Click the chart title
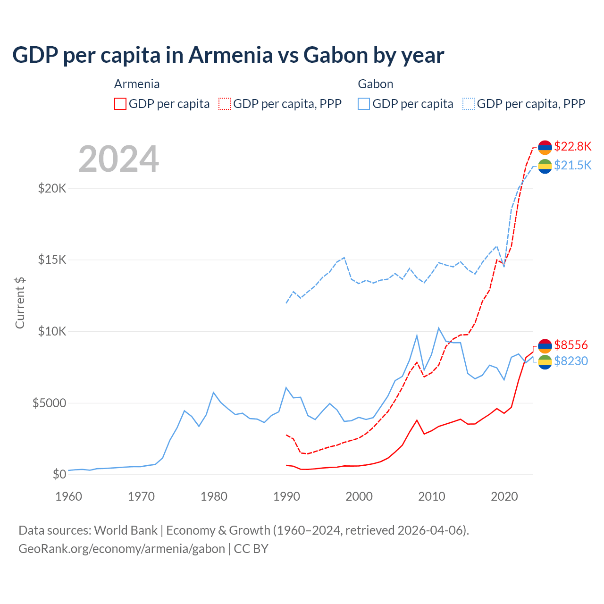[x=228, y=55]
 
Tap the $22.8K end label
[x=572, y=146]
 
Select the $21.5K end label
[x=572, y=165]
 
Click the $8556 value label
[x=570, y=345]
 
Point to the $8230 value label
[x=570, y=361]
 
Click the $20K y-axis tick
[x=52, y=189]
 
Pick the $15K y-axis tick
[x=52, y=260]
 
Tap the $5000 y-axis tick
[x=49, y=403]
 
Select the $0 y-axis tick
[x=59, y=474]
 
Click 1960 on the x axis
[x=69, y=496]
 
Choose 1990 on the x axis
[x=287, y=496]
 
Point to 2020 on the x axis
[x=504, y=496]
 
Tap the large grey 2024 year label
[x=118, y=159]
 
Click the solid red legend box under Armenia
[x=120, y=104]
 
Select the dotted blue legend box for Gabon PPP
[x=469, y=104]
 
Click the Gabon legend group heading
[x=375, y=84]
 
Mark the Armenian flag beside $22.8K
[x=545, y=147]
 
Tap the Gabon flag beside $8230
[x=545, y=362]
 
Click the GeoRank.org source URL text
[x=122, y=549]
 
